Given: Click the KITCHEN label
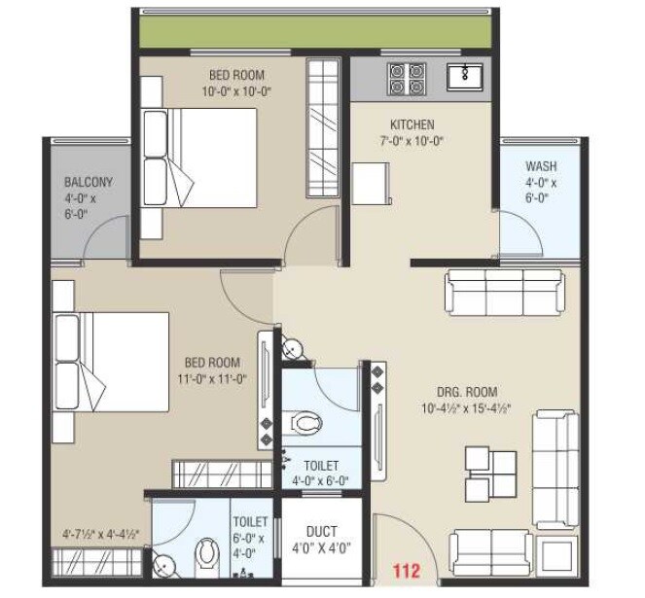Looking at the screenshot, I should (x=412, y=124).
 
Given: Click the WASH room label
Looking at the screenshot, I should (x=541, y=166).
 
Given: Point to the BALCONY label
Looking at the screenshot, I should (x=89, y=181).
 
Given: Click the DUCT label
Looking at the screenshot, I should (x=321, y=532).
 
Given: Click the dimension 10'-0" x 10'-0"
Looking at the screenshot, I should (x=236, y=91).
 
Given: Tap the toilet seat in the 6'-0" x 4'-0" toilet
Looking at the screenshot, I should (x=206, y=555).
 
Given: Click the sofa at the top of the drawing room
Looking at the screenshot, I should (x=504, y=290).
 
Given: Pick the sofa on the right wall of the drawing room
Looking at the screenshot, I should (x=555, y=456).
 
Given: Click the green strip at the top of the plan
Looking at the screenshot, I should (x=317, y=30).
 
